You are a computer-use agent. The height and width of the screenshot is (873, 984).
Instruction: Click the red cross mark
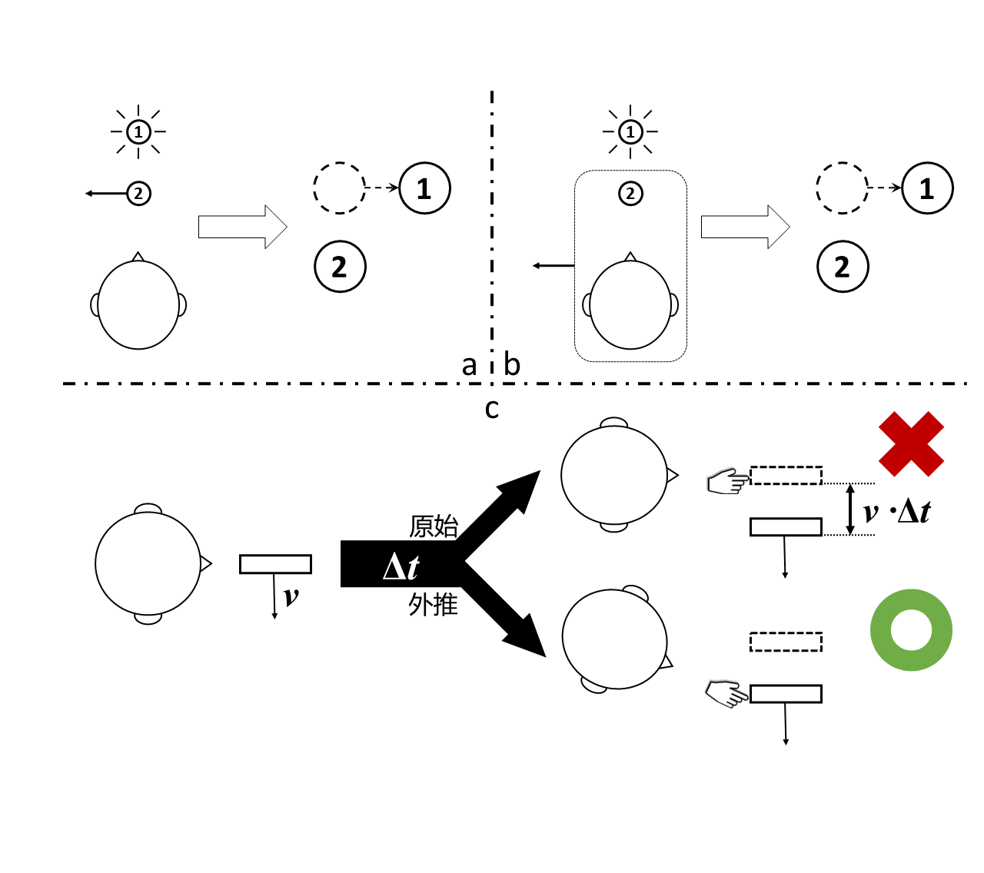911,443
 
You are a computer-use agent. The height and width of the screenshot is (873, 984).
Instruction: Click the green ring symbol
911,630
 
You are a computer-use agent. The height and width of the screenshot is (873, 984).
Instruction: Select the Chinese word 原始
434,526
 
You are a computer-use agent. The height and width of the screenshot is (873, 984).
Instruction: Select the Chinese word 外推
434,605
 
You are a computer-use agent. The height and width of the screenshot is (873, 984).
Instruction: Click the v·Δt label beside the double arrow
896,512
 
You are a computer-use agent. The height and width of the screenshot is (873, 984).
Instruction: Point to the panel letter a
469,365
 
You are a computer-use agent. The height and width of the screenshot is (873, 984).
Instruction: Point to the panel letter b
512,364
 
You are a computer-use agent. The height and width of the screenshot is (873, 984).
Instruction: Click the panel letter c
492,408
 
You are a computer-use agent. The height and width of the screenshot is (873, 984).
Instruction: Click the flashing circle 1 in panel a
138,132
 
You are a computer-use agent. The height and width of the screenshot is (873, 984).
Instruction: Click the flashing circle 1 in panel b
630,132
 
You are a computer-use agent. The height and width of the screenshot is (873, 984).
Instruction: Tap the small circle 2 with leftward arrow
138,193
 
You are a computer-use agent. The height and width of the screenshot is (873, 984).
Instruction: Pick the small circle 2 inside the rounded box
630,193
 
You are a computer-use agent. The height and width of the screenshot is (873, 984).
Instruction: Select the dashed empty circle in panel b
841,188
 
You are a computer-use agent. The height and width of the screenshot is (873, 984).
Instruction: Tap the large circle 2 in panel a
340,267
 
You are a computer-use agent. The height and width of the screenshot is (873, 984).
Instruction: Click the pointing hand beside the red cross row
726,482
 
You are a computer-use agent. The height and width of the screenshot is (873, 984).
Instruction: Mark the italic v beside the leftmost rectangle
291,596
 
